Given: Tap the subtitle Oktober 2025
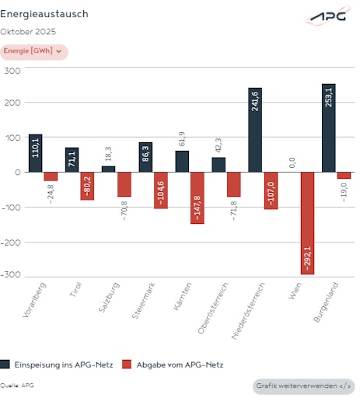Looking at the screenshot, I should click(28, 32).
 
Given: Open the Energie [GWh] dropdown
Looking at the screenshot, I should click(33, 51).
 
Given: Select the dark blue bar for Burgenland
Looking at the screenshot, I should click(328, 128).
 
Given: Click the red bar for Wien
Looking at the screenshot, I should click(307, 223).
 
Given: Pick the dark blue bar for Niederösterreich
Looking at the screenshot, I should click(255, 130).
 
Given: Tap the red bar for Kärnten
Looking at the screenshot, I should click(197, 198).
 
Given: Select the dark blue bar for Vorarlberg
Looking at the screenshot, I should click(36, 153).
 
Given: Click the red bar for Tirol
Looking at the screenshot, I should click(87, 187).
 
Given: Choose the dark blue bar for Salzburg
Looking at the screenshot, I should click(108, 169).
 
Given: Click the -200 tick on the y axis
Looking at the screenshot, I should click(11, 242).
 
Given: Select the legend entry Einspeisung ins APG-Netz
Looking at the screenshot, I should click(53, 364).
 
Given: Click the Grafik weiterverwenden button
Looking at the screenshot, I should click(304, 386).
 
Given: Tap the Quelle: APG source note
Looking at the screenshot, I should click(17, 386).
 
